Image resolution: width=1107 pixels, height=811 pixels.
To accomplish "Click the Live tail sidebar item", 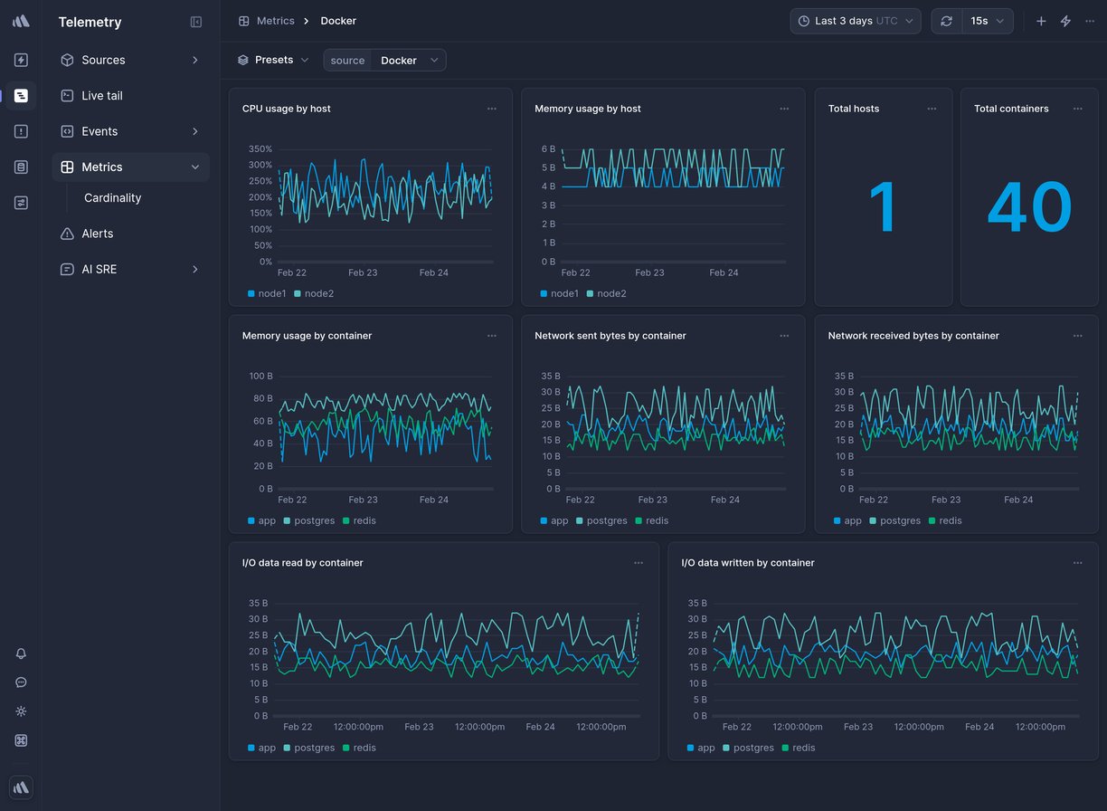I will coord(101,95).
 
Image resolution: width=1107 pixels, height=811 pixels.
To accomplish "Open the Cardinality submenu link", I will coord(112,197).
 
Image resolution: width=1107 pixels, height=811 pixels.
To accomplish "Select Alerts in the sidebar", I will coord(97,234).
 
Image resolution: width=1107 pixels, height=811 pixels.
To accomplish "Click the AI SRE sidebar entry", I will coord(99,269).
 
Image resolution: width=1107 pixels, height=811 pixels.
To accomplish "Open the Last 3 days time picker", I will coord(855,21).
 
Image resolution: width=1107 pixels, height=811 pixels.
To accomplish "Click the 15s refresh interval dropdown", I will coord(987,21).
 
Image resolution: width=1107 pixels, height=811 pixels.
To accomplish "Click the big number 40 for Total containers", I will coord(1028,207).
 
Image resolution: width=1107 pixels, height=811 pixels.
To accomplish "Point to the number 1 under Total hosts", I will coord(883,207).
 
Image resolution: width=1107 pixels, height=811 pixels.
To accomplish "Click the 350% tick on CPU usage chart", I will coord(260,148).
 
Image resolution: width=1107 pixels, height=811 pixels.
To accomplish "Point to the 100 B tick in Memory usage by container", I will coord(260,376).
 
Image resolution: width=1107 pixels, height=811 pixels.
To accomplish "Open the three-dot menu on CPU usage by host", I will coord(491,109).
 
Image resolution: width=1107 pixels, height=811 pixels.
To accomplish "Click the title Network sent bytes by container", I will coord(610,336).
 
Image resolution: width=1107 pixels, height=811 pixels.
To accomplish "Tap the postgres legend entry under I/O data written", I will coord(752,748).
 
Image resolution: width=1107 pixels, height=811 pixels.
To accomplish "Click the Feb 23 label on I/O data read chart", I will coord(419,727).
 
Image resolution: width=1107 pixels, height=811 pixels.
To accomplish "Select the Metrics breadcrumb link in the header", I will coord(275,21).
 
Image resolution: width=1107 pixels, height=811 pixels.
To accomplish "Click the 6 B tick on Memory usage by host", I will coord(548,148).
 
